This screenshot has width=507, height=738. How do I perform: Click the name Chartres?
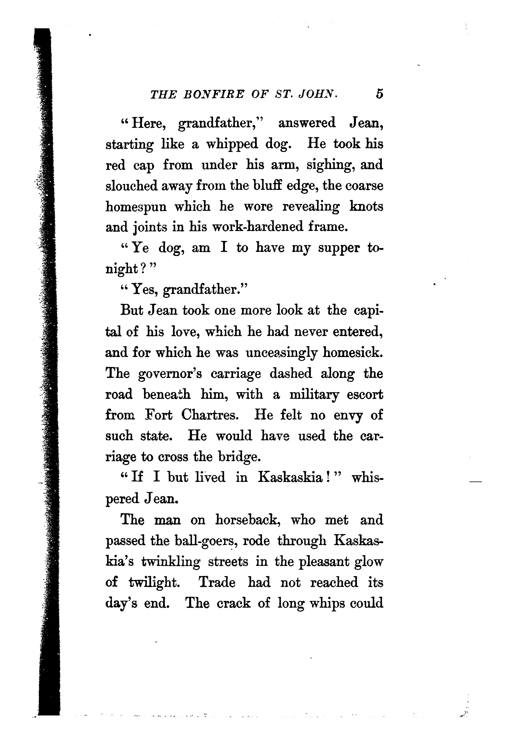click(210, 415)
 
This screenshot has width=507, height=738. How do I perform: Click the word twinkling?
click(171, 562)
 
